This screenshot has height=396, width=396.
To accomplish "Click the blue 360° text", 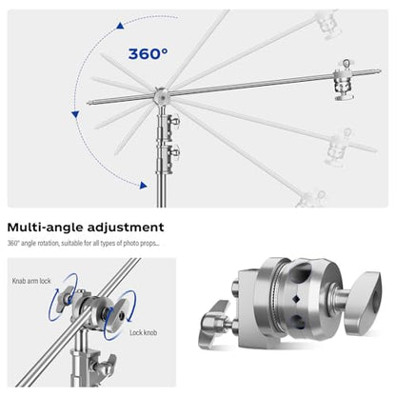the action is point(148,54).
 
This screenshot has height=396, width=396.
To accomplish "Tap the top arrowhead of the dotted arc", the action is point(120,26).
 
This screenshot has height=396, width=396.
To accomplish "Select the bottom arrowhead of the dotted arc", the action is point(144,186).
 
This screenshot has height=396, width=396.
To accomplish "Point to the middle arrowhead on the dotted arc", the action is point(75,114).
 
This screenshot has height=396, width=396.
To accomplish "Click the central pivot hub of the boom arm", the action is point(161,96).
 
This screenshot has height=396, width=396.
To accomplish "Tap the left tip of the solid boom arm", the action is point(89,102).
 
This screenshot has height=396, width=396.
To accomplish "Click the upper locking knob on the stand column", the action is point(173,122).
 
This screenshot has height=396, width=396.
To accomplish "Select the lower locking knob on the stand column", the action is point(173,152).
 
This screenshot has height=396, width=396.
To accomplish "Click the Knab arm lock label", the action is point(31,281).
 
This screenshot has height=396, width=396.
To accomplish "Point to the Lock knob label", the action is point(143,332).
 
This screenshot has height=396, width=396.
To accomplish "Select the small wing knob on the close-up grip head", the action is point(215,323).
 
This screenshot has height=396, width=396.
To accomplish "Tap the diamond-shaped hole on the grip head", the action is point(297,299).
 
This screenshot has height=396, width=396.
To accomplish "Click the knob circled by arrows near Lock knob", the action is point(119,316).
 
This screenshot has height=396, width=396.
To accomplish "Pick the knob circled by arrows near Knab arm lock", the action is point(65,298).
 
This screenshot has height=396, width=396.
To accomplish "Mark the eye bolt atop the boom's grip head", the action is point(346,64).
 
